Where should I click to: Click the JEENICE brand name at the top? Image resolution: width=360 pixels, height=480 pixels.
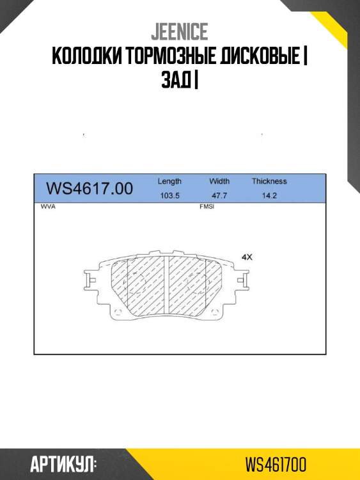[180, 31]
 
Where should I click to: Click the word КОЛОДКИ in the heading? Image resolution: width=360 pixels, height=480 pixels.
[87, 56]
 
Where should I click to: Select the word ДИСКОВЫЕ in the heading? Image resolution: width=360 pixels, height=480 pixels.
[260, 56]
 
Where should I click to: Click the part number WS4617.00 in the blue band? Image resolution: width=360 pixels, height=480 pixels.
[90, 188]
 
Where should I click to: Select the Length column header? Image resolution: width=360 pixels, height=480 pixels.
[169, 181]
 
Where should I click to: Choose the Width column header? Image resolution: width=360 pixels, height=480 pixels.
[219, 181]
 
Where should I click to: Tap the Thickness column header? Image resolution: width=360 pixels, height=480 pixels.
[269, 181]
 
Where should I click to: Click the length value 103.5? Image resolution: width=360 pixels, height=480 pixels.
[169, 196]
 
